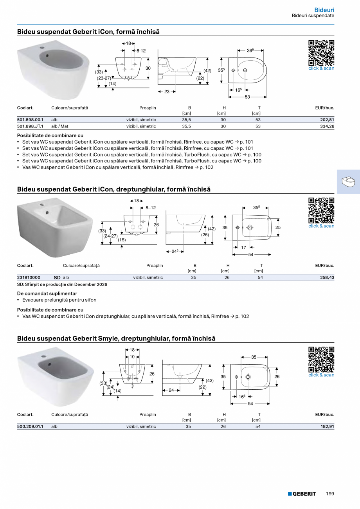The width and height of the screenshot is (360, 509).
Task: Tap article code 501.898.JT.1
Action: coord(30,126)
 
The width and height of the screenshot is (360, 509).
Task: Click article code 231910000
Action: coord(29,277)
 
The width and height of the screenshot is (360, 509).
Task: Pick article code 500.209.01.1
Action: coord(30,426)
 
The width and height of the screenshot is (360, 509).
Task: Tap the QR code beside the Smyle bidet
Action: coord(321,359)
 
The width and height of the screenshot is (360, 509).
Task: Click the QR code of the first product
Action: coord(321,52)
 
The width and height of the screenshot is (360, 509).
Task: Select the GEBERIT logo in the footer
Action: coord(302,494)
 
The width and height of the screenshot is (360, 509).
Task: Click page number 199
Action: coord(330,494)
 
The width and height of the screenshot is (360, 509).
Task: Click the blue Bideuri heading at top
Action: coord(324,10)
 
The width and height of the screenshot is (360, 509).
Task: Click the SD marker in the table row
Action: coord(57,277)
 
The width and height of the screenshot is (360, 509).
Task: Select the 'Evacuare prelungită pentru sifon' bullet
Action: coord(59,300)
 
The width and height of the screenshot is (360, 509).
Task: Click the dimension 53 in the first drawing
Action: coord(247,97)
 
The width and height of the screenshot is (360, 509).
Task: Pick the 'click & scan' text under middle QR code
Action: coord(321,226)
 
